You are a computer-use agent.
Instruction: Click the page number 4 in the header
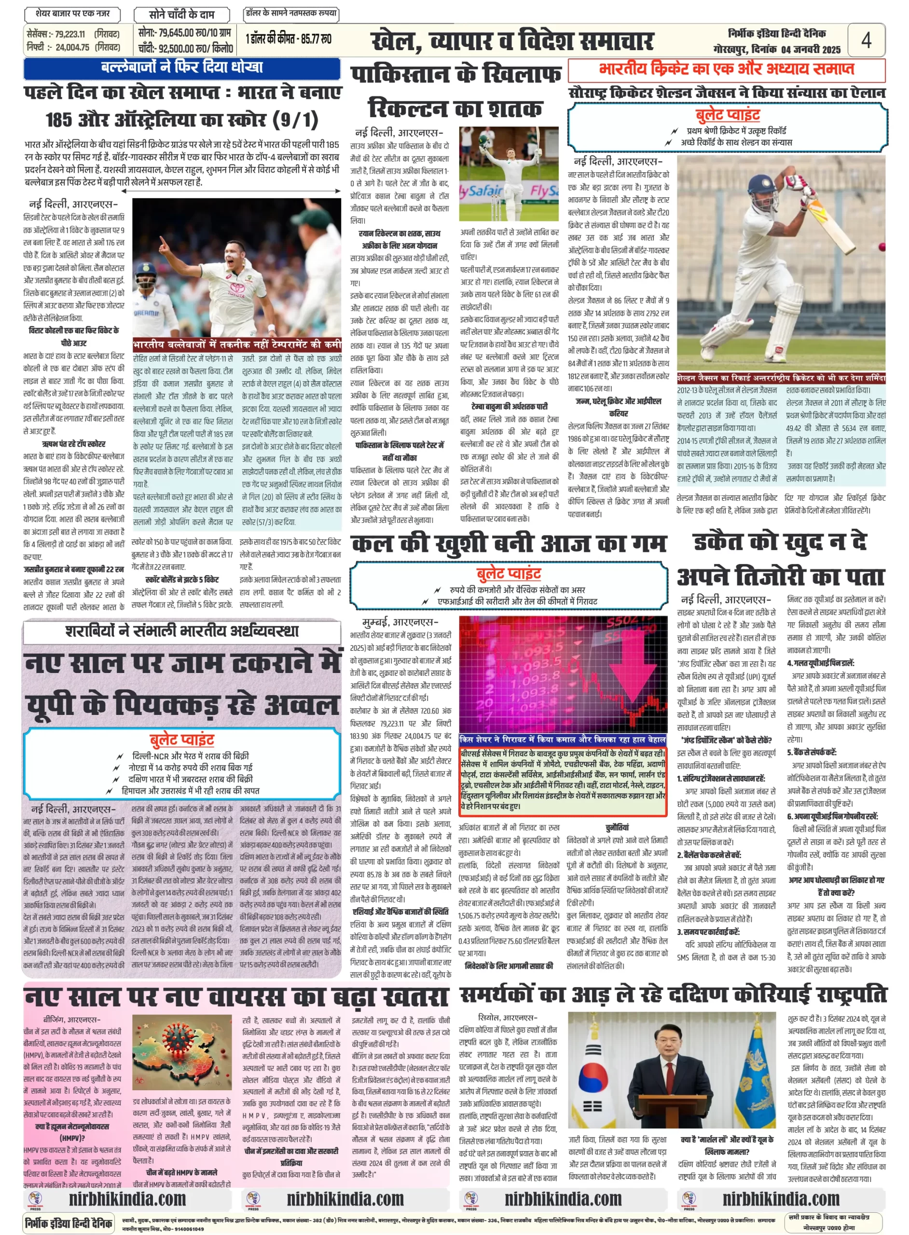tap(866, 40)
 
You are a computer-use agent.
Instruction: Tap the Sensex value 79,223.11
tap(70, 34)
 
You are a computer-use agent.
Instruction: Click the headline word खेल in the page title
tap(396, 41)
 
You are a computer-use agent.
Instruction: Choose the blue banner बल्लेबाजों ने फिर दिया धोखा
tap(181, 68)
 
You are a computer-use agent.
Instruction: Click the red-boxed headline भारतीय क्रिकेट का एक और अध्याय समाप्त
tap(726, 69)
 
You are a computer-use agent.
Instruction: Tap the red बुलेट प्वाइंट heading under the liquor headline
tap(181, 740)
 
